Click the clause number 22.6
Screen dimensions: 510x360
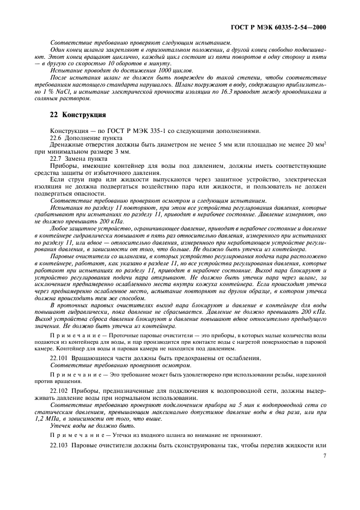(57, 138)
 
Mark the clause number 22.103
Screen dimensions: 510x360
(60, 445)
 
